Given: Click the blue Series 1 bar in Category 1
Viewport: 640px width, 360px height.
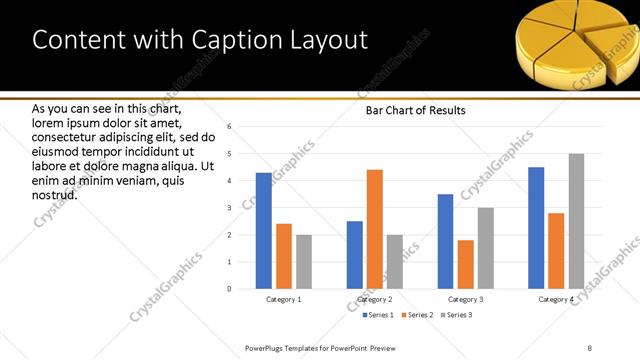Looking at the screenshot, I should (x=264, y=231).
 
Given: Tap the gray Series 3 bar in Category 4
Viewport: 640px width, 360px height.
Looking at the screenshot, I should (x=576, y=221).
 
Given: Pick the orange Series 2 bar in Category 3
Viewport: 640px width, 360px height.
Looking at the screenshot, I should (x=466, y=264).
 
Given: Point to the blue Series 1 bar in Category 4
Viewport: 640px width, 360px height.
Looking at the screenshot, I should (x=536, y=228).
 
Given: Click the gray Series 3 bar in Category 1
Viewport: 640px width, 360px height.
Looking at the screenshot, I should (x=304, y=262).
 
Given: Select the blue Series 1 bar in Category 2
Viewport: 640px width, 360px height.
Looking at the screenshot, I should (x=355, y=255).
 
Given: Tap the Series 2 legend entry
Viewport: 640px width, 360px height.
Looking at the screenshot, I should (x=416, y=315).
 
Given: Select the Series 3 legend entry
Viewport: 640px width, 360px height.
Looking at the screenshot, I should (x=457, y=315).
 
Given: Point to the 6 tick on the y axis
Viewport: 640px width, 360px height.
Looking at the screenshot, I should (x=230, y=127).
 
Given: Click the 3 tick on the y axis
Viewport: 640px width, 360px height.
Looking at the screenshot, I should (x=230, y=208).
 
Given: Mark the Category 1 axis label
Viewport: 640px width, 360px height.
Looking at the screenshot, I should (x=284, y=299).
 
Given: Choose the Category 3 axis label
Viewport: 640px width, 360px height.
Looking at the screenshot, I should (x=466, y=299).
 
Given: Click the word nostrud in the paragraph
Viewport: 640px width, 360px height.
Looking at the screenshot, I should (x=55, y=194).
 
